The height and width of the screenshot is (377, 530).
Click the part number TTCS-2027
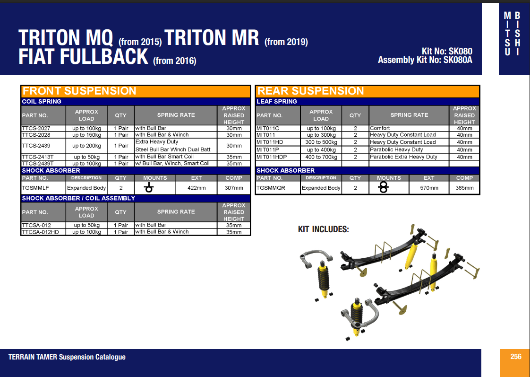pyautogui.click(x=36, y=128)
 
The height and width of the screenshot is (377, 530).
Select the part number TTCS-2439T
pyautogui.click(x=38, y=164)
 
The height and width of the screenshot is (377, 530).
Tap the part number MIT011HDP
pyautogui.click(x=272, y=157)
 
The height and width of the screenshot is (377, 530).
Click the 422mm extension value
pyautogui.click(x=196, y=188)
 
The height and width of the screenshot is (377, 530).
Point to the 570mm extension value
pyautogui.click(x=429, y=188)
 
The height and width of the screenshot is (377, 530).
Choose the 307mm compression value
pyautogui.click(x=234, y=188)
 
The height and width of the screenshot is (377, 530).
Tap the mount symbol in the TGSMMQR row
pyautogui.click(x=384, y=188)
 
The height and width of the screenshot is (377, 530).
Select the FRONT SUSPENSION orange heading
pyautogui.click(x=79, y=91)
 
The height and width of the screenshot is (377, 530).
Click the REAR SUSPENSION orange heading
pyautogui.click(x=310, y=91)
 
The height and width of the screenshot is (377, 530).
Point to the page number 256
pyautogui.click(x=515, y=357)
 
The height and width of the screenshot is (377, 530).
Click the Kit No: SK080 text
pyautogui.click(x=447, y=52)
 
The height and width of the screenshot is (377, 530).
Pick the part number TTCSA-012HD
pyautogui.click(x=40, y=232)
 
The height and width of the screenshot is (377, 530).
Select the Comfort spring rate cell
pyautogui.click(x=380, y=128)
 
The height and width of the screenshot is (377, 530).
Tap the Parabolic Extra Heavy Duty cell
pyautogui.click(x=403, y=157)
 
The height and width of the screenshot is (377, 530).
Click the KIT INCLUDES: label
pyautogui.click(x=323, y=229)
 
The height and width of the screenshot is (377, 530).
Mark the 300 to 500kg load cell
pyautogui.click(x=321, y=142)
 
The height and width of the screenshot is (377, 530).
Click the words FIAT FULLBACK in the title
pyautogui.click(x=83, y=57)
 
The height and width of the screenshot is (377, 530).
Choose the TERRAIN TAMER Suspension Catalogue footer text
pyautogui.click(x=67, y=357)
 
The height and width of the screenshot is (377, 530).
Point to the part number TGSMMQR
pyautogui.click(x=271, y=188)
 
